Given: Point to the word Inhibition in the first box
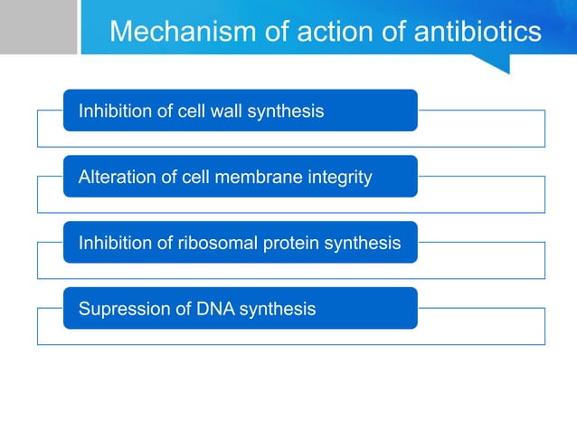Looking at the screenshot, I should tap(112, 111).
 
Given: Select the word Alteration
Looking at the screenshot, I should tap(115, 178).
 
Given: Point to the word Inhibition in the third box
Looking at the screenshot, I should tap(112, 243).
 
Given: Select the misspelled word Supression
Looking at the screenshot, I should tap(119, 309).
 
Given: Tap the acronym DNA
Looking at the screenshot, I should tap(203, 309).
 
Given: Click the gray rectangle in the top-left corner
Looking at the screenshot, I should tap(38, 27).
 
